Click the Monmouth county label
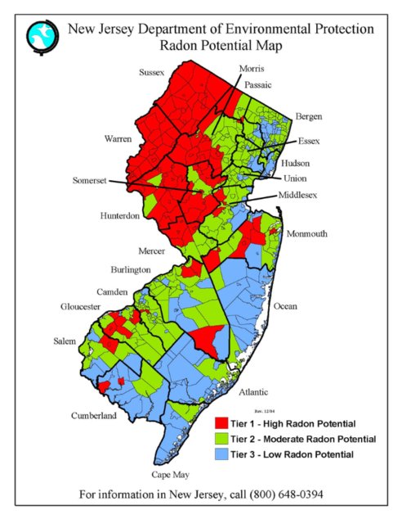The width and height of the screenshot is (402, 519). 306,233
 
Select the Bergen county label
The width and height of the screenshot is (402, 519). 309,117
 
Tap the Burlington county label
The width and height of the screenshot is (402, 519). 131,269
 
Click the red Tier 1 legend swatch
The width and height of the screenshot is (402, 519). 220,424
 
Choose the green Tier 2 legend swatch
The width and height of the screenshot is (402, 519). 220,439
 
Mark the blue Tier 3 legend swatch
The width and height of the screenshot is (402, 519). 220,454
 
